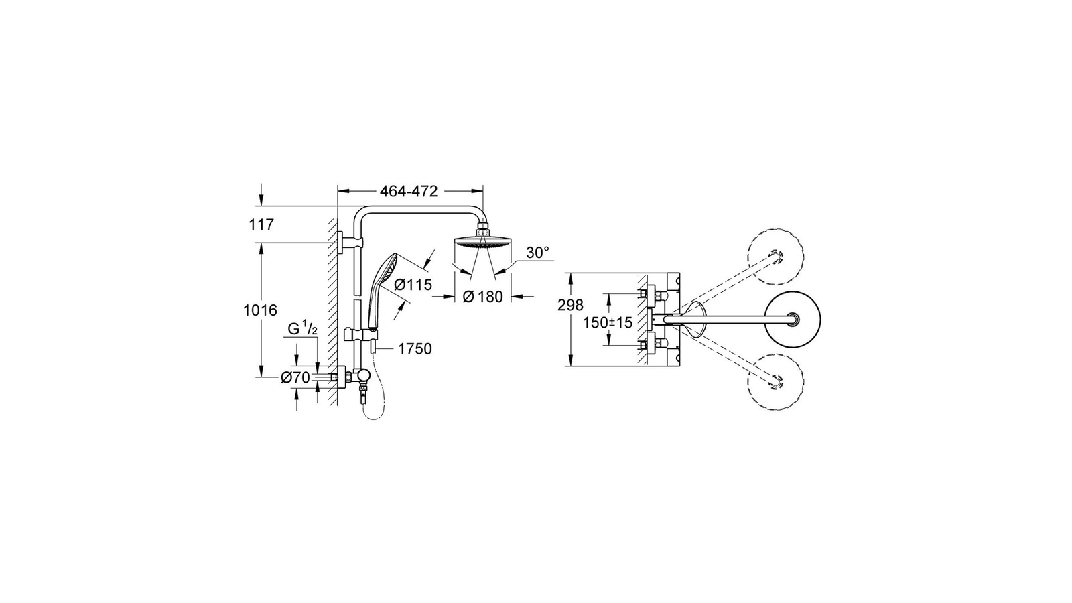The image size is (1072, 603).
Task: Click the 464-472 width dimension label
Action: point(409,192)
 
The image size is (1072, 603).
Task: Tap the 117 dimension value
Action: point(261,224)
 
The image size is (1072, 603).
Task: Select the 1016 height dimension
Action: point(261,310)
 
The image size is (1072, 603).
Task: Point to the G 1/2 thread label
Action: point(302,329)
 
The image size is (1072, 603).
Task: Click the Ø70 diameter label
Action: point(295,378)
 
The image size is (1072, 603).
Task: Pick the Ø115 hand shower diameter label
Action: point(413,285)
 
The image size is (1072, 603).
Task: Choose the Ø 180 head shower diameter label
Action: point(483,297)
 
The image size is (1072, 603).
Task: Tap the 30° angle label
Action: point(538,252)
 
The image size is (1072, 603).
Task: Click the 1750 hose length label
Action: point(415,349)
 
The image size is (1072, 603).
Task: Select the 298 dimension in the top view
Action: point(570,305)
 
